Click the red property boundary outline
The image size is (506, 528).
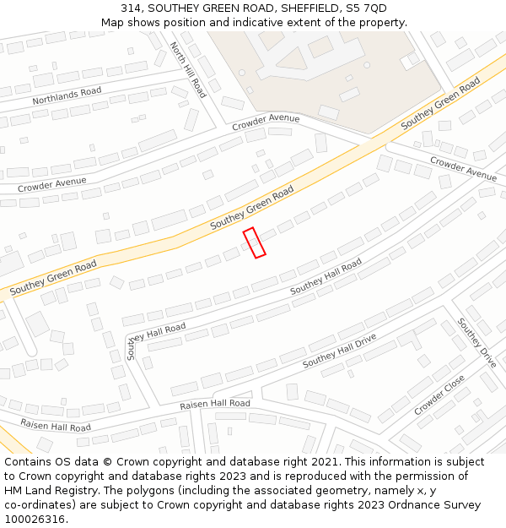tap(254, 242)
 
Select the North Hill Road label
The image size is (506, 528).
tap(188, 70)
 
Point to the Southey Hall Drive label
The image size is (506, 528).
tap(339, 351)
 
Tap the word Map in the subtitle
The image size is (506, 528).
tap(112, 22)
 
